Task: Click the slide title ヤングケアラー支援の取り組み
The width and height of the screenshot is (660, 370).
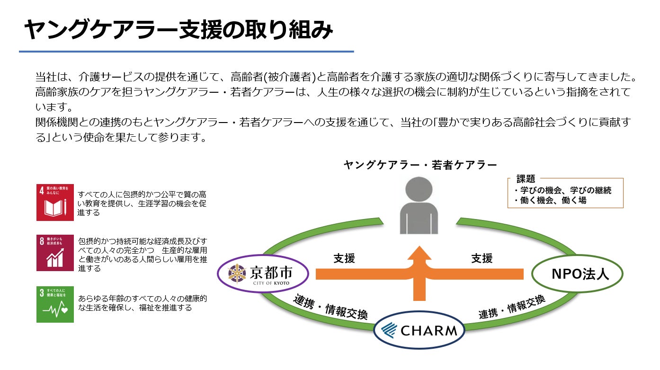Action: click(x=178, y=31)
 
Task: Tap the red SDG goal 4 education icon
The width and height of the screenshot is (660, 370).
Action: click(x=55, y=203)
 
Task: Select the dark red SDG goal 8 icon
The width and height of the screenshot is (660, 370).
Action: click(x=55, y=253)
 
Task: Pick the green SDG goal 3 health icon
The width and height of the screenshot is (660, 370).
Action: click(x=55, y=304)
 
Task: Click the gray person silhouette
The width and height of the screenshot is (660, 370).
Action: click(x=419, y=205)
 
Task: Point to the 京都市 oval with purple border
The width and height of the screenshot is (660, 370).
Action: click(x=263, y=273)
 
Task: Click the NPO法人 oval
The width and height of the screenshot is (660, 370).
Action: click(x=577, y=273)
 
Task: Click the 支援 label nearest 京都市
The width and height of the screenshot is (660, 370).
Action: click(x=344, y=258)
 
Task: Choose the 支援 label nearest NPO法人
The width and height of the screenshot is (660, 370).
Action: click(x=482, y=258)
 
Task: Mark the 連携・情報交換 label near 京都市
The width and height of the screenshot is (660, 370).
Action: click(x=330, y=307)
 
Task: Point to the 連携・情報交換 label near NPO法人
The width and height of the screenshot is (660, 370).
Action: click(x=512, y=307)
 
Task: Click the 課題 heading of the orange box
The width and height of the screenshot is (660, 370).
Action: click(x=526, y=179)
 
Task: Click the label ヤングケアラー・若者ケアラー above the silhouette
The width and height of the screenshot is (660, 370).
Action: click(x=420, y=165)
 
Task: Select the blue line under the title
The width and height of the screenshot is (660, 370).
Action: click(x=186, y=51)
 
